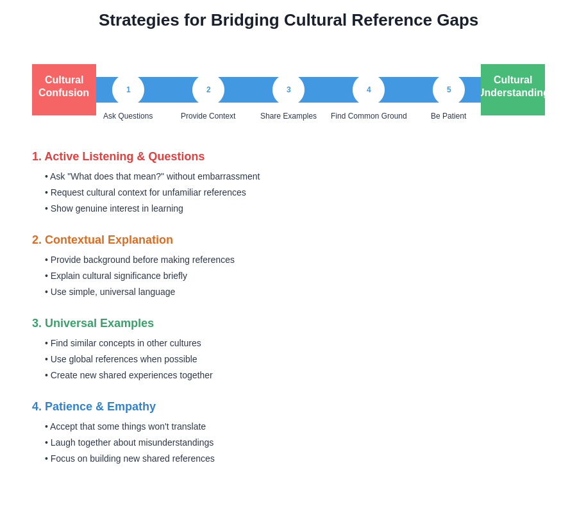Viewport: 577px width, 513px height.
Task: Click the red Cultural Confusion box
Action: point(64,90)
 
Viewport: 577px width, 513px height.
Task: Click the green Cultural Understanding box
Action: point(513,90)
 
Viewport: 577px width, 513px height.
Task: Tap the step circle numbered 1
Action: point(128,90)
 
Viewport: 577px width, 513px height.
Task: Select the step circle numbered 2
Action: point(208,90)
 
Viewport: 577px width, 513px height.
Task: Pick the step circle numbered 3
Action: point(288,90)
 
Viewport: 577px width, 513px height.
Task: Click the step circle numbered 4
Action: point(369,90)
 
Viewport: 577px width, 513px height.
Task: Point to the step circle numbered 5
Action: point(449,90)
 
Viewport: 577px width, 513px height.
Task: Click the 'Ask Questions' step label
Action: point(128,116)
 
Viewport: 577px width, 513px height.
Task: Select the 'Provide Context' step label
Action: point(208,116)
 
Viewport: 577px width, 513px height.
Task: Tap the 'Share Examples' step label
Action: point(288,116)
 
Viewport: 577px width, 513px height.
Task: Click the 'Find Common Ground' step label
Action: point(369,116)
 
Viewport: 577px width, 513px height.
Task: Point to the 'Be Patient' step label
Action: point(449,116)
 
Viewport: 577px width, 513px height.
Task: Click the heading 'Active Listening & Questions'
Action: point(119,156)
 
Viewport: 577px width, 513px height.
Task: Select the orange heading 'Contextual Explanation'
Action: point(103,240)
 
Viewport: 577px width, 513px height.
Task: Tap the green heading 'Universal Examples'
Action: point(93,323)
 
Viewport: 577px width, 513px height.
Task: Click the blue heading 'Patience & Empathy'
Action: point(94,407)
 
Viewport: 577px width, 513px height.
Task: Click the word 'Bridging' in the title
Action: point(245,21)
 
